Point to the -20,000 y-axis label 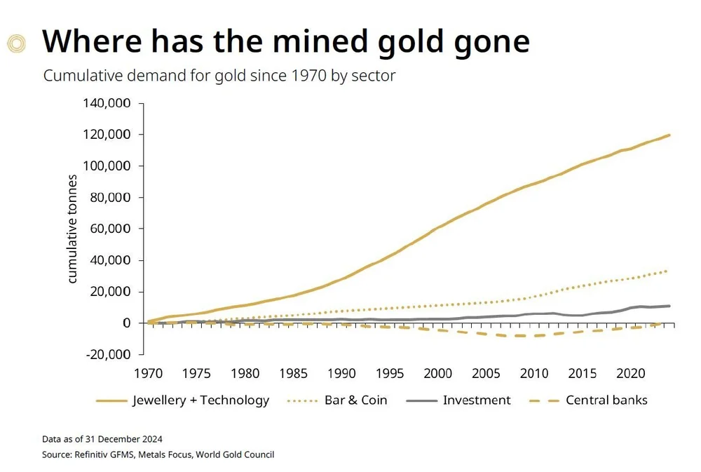tap(111, 354)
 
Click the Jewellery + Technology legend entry tap(200, 400)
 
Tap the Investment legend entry tap(477, 400)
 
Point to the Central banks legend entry tap(606, 400)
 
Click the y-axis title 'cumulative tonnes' tap(73, 229)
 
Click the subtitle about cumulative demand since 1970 tap(219, 76)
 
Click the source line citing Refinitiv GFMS tap(158, 454)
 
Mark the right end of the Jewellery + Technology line tap(669, 135)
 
